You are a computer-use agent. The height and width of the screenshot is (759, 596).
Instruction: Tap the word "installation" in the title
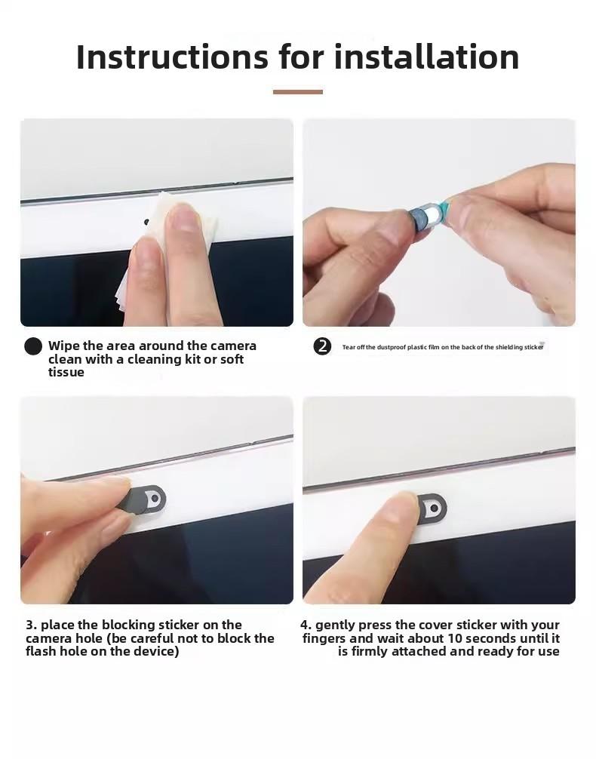[426, 57]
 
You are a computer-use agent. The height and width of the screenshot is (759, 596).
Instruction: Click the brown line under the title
[297, 92]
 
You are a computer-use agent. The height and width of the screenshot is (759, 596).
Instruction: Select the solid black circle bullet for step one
[33, 346]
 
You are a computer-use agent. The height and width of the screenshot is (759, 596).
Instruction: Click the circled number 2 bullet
[322, 346]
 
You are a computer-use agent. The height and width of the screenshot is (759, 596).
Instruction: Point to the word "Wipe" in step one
[64, 346]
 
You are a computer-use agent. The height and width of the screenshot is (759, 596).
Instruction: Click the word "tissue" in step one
[66, 373]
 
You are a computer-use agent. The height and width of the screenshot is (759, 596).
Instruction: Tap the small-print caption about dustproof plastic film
[442, 347]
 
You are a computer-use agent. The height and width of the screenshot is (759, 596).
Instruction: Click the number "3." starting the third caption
[31, 625]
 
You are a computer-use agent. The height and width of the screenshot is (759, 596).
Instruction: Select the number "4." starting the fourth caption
[306, 625]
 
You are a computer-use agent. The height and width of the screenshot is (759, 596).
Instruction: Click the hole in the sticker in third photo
[155, 499]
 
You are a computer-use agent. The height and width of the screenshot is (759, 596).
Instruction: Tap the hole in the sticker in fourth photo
[433, 510]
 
